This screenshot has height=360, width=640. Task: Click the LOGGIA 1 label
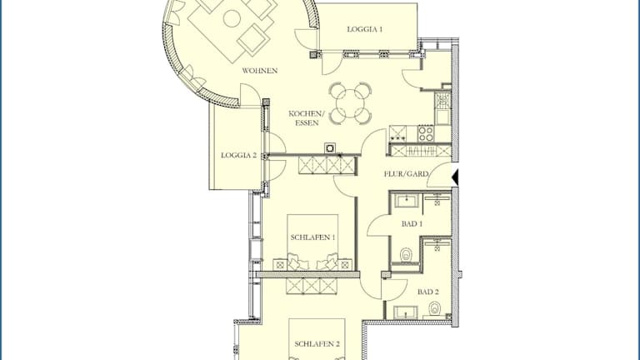364,29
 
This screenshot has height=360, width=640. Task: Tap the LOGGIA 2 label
239,155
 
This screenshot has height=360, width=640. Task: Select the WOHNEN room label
260,71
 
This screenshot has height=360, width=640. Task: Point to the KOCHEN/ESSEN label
307,118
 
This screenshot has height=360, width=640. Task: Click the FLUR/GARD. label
406,174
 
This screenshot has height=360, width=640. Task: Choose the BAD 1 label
412,223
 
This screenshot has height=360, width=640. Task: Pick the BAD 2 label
428,292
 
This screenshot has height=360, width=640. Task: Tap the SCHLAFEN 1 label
312,237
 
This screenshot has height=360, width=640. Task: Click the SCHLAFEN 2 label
317,344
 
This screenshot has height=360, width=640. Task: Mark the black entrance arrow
455,177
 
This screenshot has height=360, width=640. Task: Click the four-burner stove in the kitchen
426,133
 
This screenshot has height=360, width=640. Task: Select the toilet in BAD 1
406,256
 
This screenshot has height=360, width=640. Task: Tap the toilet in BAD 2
435,307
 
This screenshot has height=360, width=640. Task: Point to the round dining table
351,102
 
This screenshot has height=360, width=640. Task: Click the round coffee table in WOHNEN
232,18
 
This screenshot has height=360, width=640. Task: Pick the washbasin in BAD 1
405,202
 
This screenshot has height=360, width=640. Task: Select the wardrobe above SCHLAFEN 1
326,165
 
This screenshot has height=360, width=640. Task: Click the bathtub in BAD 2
406,312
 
